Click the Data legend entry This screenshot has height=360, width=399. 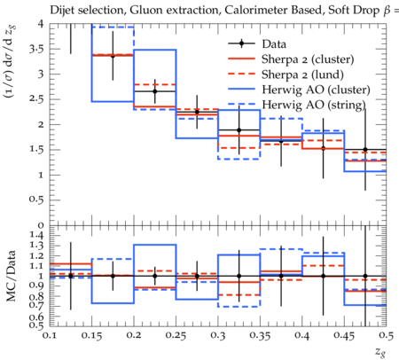coord(274,44)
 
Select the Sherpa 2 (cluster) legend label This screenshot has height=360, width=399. coord(308,59)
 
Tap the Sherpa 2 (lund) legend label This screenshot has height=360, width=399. coord(302,74)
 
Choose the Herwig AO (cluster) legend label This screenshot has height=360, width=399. coord(316,90)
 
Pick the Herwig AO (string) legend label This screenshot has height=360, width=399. coord(314,105)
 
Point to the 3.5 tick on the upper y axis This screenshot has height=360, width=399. coord(36,49)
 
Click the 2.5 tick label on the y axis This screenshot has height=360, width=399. coord(36,99)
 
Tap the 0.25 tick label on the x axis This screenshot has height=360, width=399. coord(176,335)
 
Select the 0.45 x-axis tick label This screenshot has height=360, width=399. coord(344,335)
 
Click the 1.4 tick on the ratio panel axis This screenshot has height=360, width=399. coord(36,236)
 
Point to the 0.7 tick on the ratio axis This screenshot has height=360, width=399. coord(36,306)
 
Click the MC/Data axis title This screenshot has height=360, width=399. coord(12,276)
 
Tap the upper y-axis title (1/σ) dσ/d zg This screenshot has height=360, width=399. coord(12,61)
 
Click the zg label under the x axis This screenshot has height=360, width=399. coord(380,352)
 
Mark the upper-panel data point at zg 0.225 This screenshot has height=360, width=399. coord(155,91)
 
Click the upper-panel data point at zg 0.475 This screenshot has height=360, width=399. coord(365,150)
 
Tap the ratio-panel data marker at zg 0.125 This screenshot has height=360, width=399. coord(71,276)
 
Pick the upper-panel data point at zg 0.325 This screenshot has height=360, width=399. coord(239,129)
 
